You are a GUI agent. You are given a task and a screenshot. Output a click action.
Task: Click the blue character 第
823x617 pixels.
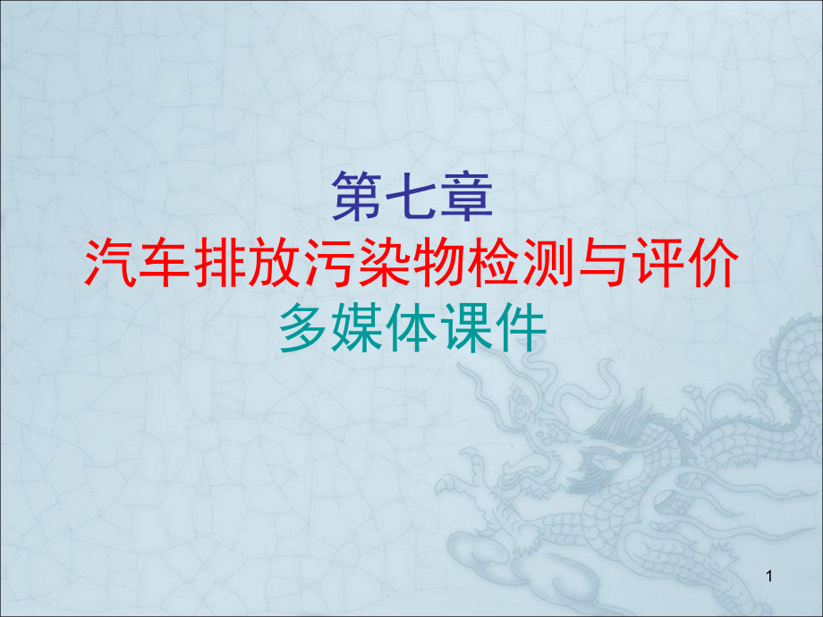(x=358, y=196)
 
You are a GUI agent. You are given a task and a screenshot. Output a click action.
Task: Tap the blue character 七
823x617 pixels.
(x=411, y=196)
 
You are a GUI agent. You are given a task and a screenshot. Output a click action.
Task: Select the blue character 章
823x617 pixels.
(x=467, y=196)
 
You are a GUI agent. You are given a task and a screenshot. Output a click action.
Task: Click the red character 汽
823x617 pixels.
(x=111, y=262)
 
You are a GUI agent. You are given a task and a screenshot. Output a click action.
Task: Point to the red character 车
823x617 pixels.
(x=165, y=262)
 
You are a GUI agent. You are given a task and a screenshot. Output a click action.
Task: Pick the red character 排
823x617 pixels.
(x=220, y=262)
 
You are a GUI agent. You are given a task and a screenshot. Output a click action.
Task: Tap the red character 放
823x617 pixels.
(x=275, y=262)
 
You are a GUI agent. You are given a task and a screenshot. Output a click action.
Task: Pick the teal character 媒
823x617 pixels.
(x=357, y=327)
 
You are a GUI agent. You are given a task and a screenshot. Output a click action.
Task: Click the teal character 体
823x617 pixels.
(x=412, y=327)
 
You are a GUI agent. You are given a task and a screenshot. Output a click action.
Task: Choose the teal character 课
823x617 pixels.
(x=467, y=327)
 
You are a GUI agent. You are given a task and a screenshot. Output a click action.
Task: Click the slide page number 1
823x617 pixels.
(x=769, y=577)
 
